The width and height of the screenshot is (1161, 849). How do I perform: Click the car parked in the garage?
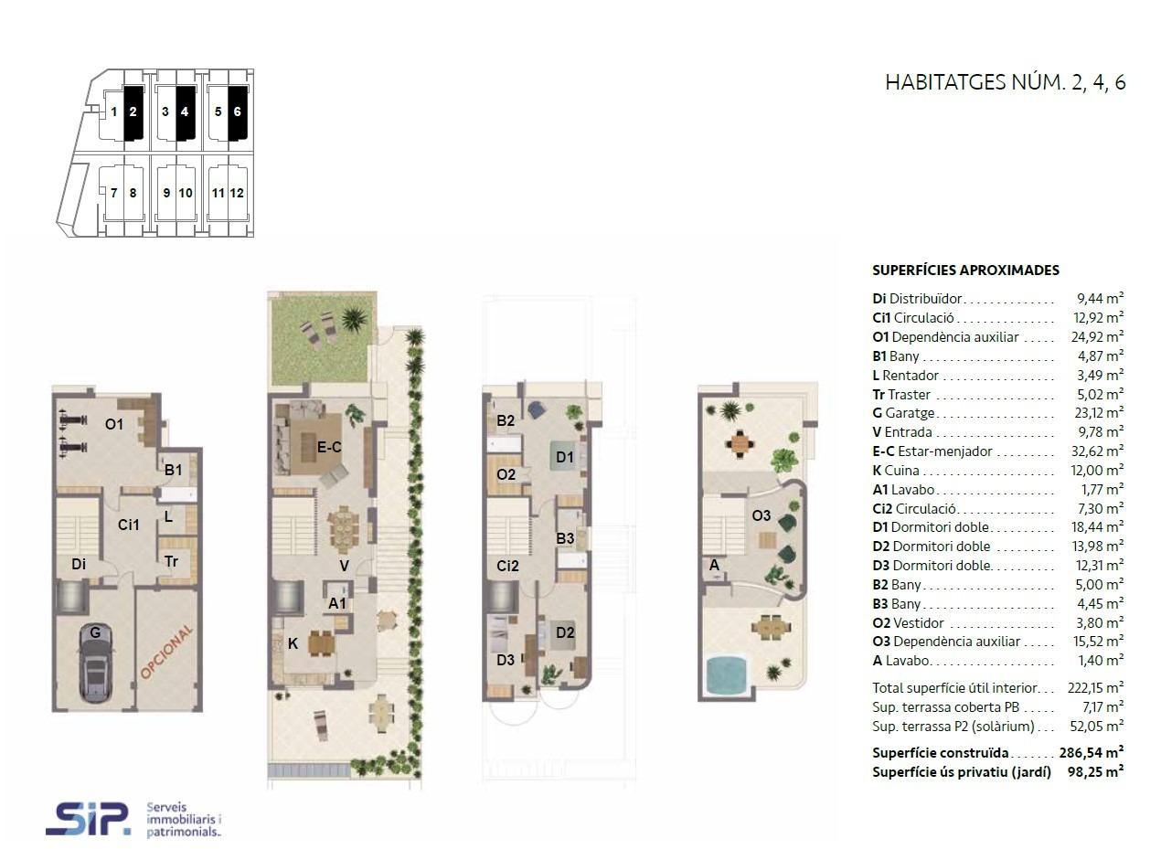pyautogui.click(x=96, y=665)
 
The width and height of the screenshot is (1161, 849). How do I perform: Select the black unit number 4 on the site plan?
pyautogui.click(x=185, y=111)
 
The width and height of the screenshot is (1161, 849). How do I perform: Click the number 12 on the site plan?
pyautogui.click(x=237, y=193)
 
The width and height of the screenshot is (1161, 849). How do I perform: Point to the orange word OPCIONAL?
pyautogui.click(x=166, y=652)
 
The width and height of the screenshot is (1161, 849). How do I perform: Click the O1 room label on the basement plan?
pyautogui.click(x=114, y=425)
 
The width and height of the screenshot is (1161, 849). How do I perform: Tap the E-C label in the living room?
pyautogui.click(x=329, y=447)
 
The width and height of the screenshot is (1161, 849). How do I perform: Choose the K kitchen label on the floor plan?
pyautogui.click(x=293, y=644)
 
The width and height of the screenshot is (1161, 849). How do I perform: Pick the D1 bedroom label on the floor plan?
pyautogui.click(x=565, y=457)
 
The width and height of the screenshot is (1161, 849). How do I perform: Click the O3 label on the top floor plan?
pyautogui.click(x=762, y=516)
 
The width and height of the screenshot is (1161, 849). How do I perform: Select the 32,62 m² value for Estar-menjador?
pyautogui.click(x=1097, y=451)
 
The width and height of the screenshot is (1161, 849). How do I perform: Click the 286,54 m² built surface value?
pyautogui.click(x=1092, y=752)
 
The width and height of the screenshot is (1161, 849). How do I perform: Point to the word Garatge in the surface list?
pyautogui.click(x=910, y=413)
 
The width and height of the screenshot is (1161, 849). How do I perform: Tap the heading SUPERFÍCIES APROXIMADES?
pyautogui.click(x=965, y=271)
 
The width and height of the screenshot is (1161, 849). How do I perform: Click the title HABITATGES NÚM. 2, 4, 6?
pyautogui.click(x=1006, y=83)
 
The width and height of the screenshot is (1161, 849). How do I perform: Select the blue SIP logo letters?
pyautogui.click(x=88, y=819)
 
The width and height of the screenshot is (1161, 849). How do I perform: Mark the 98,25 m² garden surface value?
pyautogui.click(x=1096, y=772)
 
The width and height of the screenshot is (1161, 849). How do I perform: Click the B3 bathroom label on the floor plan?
pyautogui.click(x=565, y=538)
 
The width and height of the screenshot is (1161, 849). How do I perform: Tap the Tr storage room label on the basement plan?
pyautogui.click(x=172, y=561)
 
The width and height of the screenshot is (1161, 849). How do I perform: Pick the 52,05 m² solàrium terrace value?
pyautogui.click(x=1097, y=727)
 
